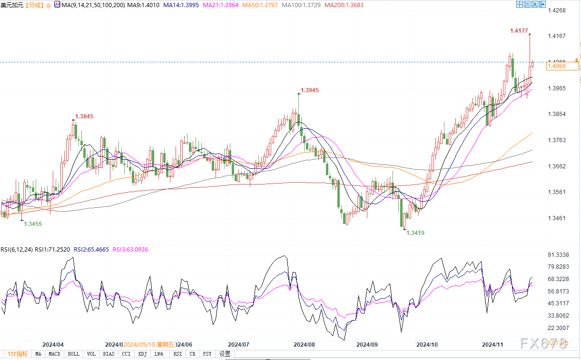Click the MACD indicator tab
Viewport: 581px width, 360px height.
click(x=54, y=354)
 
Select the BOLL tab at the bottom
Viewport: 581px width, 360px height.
click(x=73, y=354)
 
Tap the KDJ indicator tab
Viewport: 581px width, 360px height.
click(x=142, y=354)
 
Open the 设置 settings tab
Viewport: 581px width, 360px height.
click(x=225, y=354)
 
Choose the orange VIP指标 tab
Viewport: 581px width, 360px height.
click(x=18, y=354)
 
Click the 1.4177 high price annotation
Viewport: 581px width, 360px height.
click(x=519, y=31)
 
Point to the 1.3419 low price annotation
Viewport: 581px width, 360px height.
click(x=415, y=233)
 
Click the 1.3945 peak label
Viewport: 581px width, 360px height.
click(x=310, y=90)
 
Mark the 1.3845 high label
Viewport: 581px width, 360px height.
click(x=84, y=116)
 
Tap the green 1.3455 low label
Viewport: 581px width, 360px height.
click(x=33, y=224)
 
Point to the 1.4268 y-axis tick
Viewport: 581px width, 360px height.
click(x=557, y=10)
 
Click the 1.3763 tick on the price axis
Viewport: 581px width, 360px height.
click(x=557, y=140)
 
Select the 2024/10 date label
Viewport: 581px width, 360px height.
click(x=427, y=344)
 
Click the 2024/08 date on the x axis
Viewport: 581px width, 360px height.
click(x=304, y=344)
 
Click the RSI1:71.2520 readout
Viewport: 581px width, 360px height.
click(x=53, y=249)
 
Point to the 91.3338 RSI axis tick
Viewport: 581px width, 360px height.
click(x=559, y=255)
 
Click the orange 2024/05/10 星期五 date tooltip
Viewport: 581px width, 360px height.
click(x=149, y=344)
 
